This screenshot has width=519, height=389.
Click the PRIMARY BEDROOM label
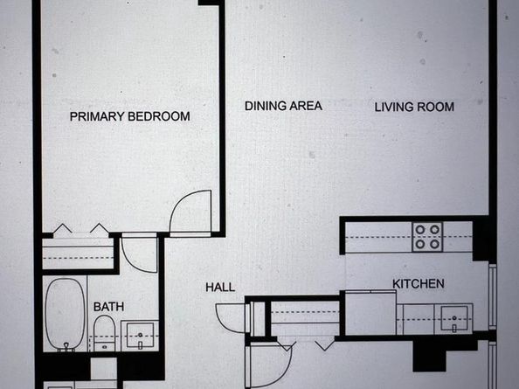click(129, 115)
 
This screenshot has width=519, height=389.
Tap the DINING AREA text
click(283, 106)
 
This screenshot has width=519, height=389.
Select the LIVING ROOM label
click(414, 108)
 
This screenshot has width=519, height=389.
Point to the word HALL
click(219, 287)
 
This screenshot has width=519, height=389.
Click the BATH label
click(108, 307)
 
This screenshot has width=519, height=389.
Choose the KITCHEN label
click(418, 284)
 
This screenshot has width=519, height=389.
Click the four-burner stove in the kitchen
click(427, 237)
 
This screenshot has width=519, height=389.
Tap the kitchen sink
click(453, 316)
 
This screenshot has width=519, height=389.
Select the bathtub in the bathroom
click(64, 312)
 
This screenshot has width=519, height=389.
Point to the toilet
click(103, 332)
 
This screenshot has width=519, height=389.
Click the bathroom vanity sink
click(139, 335)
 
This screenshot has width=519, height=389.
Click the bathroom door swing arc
click(140, 254)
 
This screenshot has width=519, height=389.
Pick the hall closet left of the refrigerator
click(301, 316)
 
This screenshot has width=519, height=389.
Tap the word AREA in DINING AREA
click(305, 106)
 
